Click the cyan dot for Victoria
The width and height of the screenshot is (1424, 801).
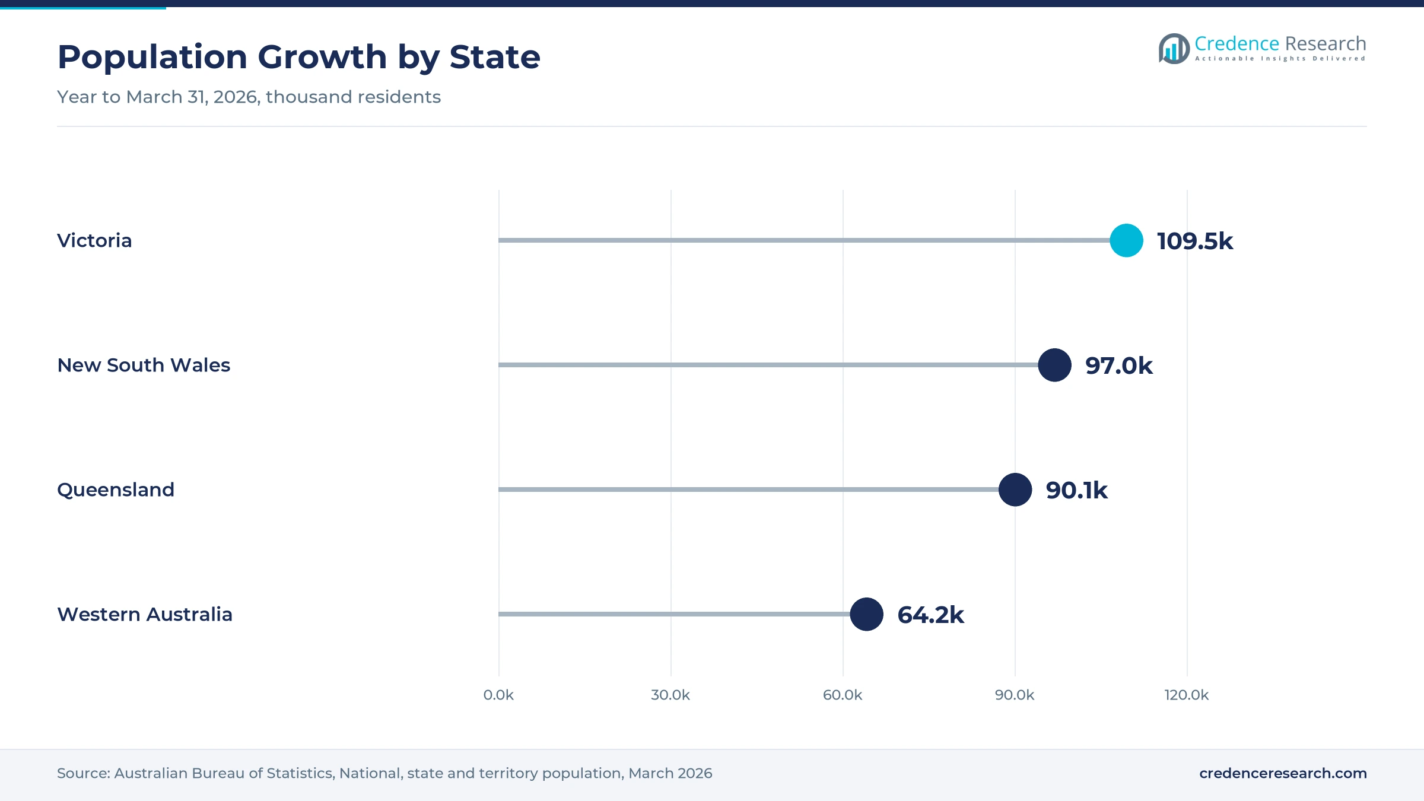1126,240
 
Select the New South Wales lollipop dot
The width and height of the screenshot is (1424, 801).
1054,365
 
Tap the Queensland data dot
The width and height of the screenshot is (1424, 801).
1015,490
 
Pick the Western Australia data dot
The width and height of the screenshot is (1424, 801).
866,614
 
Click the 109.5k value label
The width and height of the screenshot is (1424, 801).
1195,241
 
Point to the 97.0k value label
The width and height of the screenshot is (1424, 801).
1119,365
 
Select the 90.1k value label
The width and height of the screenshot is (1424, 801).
1076,490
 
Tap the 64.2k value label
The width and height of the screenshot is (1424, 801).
930,615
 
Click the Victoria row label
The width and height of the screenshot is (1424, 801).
94,240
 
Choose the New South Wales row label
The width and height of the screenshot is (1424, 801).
144,365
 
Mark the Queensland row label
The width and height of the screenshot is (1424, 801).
116,490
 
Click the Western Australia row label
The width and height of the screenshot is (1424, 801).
145,614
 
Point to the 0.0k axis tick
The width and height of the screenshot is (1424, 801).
498,695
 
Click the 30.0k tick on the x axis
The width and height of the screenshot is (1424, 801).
670,695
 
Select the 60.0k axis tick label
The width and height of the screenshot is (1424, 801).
843,695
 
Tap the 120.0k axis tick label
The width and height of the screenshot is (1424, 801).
1187,695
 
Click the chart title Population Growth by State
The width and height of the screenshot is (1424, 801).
299,58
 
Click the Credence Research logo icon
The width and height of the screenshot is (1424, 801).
1174,49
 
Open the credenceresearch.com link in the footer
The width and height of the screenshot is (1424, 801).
1283,773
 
